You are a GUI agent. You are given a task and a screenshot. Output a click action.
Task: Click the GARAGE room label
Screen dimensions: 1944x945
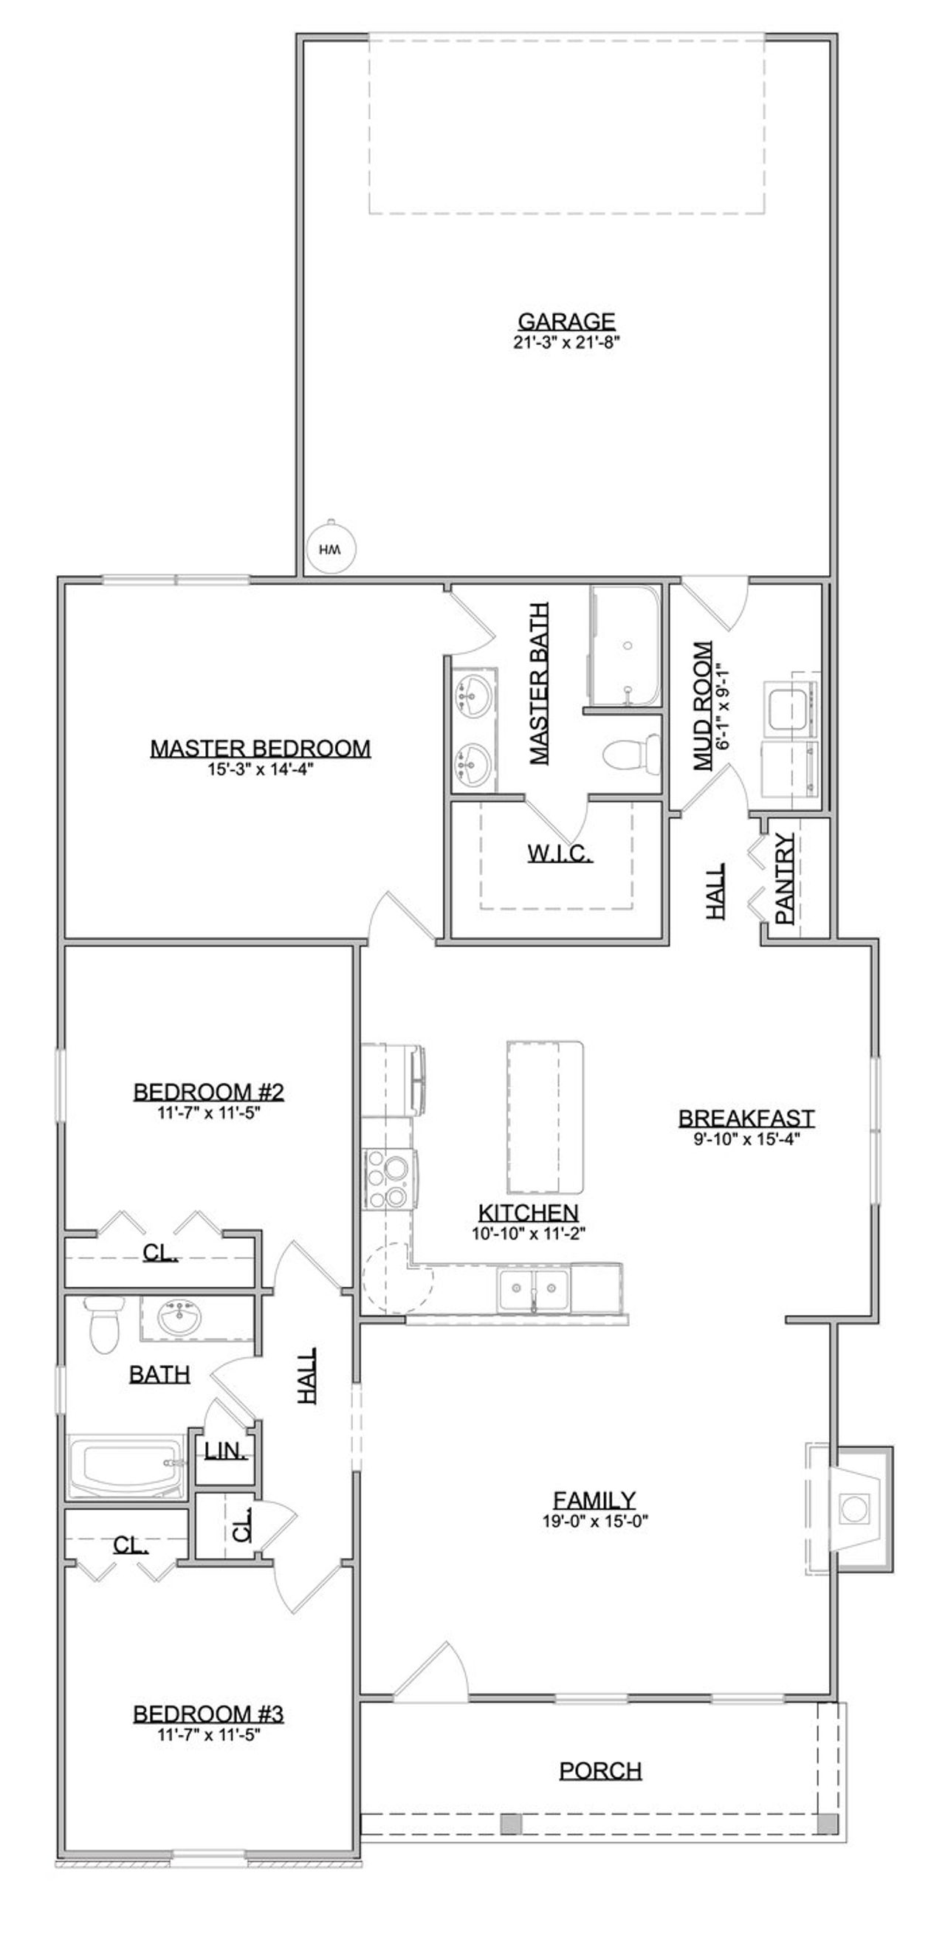pyautogui.click(x=566, y=322)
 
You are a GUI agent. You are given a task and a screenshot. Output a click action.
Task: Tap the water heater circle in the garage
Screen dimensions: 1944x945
pyautogui.click(x=331, y=550)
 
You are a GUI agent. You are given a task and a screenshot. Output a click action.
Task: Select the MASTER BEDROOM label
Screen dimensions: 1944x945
pyautogui.click(x=261, y=749)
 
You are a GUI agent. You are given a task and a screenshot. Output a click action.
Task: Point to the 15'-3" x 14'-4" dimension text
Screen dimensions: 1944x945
pyautogui.click(x=261, y=769)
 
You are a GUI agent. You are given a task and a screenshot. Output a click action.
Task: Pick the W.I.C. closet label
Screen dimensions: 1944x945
pyautogui.click(x=560, y=853)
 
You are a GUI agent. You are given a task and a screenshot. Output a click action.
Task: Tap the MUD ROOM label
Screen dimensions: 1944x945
pyautogui.click(x=703, y=706)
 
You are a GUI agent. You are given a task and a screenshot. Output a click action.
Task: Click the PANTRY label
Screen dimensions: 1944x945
pyautogui.click(x=785, y=879)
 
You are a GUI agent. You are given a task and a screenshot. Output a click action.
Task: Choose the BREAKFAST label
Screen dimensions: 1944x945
pyautogui.click(x=746, y=1119)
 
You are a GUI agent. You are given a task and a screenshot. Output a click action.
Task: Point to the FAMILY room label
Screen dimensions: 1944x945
pyautogui.click(x=595, y=1500)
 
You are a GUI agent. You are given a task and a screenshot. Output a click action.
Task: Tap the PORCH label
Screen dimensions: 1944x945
pyautogui.click(x=601, y=1770)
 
